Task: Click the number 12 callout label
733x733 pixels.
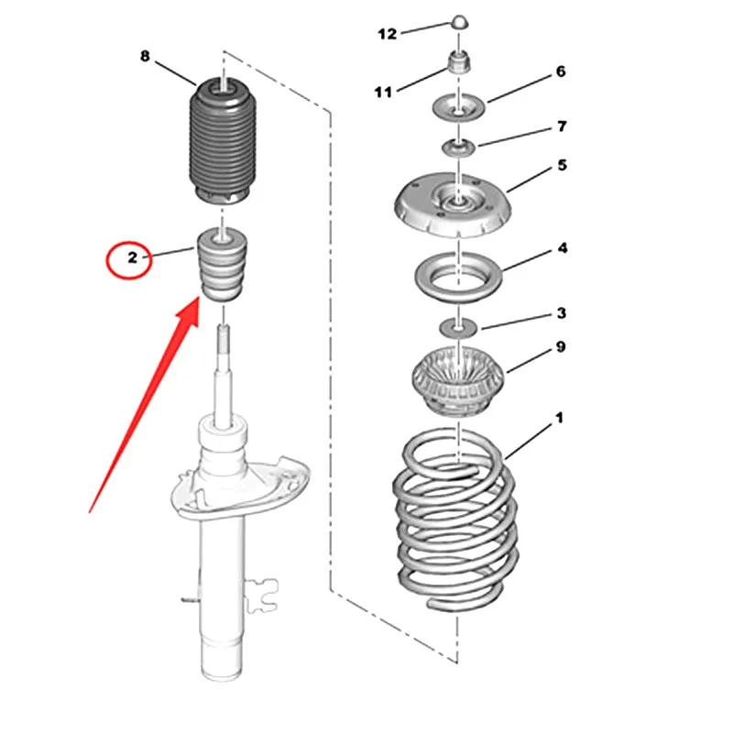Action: click(387, 34)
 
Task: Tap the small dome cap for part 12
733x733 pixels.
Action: click(460, 23)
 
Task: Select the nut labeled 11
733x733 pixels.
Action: click(458, 62)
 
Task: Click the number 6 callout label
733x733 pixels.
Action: click(561, 71)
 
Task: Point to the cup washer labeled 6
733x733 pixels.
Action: click(459, 107)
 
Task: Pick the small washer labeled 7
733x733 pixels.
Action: click(459, 148)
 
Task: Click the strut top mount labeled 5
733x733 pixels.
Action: click(453, 203)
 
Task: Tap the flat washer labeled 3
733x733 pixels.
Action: click(459, 327)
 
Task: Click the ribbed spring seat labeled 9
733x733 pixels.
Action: click(458, 379)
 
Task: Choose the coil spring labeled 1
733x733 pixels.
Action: click(455, 519)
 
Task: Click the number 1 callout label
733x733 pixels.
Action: click(559, 418)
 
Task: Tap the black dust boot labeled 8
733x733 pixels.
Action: click(223, 140)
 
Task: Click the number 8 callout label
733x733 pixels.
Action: click(145, 56)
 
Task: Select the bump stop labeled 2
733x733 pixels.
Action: click(223, 265)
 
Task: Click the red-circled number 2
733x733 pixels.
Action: click(132, 257)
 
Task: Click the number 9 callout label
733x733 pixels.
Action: click(561, 346)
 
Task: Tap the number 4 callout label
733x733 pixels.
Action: click(563, 247)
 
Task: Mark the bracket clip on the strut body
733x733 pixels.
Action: click(262, 595)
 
